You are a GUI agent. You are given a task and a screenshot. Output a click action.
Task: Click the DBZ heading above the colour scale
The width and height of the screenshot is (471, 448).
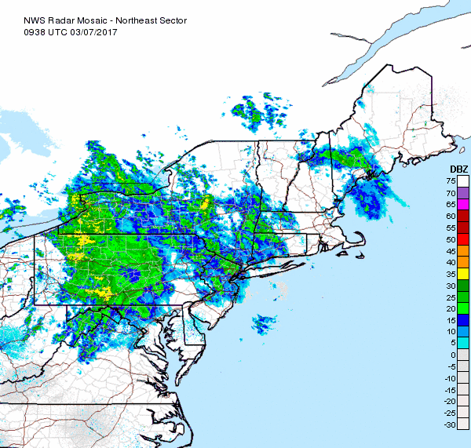click(x=458, y=170)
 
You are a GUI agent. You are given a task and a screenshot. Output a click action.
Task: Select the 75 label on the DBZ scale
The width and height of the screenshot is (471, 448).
click(x=452, y=181)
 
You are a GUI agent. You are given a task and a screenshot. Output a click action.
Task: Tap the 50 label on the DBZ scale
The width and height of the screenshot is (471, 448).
click(x=452, y=239)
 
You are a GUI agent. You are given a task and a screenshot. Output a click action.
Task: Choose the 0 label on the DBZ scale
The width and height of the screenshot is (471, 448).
click(x=455, y=355)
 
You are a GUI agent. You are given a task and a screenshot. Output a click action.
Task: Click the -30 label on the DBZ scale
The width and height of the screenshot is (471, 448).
click(x=451, y=424)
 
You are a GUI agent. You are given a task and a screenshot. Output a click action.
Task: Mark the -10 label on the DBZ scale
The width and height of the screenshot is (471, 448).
click(x=451, y=378)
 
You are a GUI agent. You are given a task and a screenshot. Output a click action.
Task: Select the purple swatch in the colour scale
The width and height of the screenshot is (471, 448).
click(x=463, y=192)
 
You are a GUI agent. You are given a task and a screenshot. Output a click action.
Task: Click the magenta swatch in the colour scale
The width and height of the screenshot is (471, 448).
click(x=463, y=204)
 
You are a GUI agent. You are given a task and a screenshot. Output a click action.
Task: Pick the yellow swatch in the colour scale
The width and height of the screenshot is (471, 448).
click(x=463, y=273)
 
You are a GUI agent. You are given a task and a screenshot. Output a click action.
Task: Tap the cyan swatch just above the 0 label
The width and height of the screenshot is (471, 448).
click(x=463, y=343)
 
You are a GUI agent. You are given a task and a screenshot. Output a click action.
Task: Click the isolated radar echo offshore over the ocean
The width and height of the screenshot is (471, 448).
click(x=264, y=323)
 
